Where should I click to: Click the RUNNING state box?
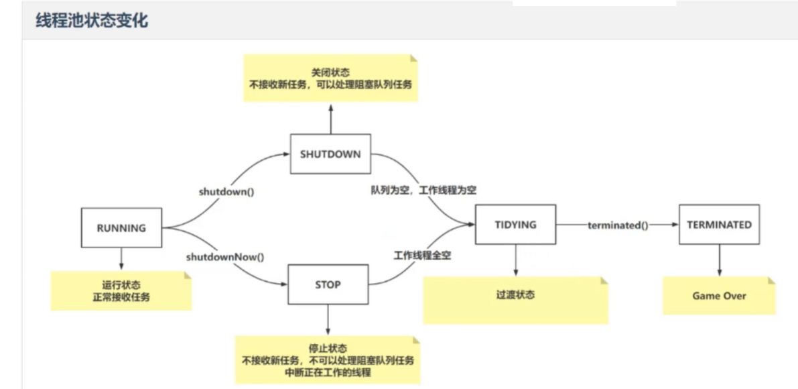(121, 228)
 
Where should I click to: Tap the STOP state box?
(328, 284)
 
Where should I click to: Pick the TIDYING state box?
(515, 225)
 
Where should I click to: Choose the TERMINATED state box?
(719, 225)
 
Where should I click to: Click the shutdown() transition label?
(226, 191)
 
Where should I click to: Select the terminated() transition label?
(617, 225)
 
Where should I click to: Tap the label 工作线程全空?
(422, 256)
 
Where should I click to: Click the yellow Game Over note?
(719, 296)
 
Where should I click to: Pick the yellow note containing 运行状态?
(121, 290)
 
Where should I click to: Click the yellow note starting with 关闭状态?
(330, 78)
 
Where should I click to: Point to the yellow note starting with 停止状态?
(328, 361)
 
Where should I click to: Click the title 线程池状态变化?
(91, 20)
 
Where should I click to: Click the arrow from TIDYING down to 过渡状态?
(515, 260)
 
